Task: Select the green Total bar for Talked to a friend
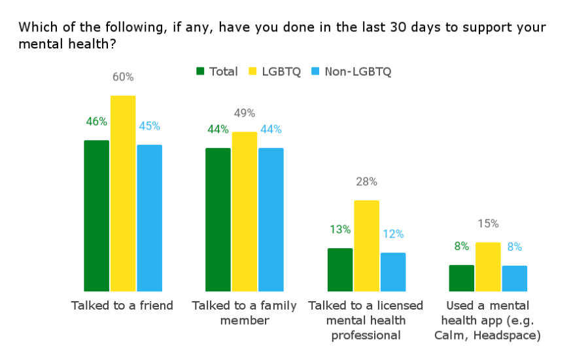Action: (x=97, y=215)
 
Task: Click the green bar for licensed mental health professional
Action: (x=340, y=269)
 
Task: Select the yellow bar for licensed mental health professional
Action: (x=366, y=245)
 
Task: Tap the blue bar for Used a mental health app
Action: (x=514, y=278)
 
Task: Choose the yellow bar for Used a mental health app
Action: (x=488, y=266)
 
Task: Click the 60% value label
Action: (x=123, y=77)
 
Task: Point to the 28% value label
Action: (x=366, y=182)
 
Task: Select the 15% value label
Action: (x=488, y=224)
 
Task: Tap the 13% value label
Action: (x=340, y=230)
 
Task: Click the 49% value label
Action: (x=245, y=113)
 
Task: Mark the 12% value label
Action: (x=393, y=234)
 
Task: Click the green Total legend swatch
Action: (x=201, y=71)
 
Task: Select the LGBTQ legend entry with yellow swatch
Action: (x=274, y=71)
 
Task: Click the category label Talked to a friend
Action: (x=122, y=306)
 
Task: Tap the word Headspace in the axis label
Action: (x=510, y=336)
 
